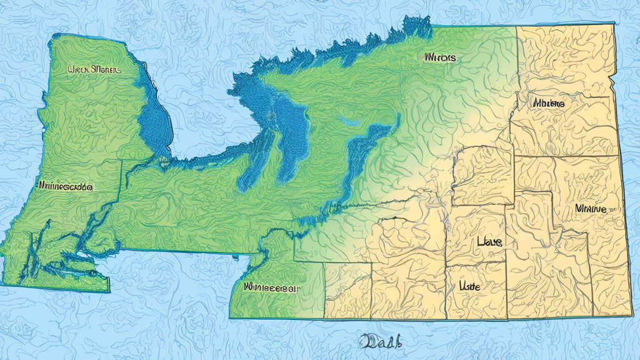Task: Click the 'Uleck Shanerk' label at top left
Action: [x=92, y=70]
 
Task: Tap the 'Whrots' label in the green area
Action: [x=439, y=57]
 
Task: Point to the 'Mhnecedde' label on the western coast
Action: [x=65, y=186]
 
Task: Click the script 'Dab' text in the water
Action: [x=381, y=342]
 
